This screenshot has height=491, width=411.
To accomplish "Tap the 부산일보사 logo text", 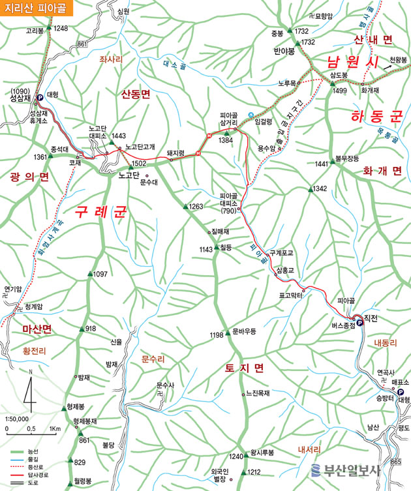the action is tap(353, 471).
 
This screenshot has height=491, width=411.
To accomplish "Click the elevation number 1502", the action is tap(138, 164).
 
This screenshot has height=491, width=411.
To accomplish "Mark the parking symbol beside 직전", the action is tap(360, 321).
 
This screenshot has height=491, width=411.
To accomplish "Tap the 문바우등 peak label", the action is tap(243, 331).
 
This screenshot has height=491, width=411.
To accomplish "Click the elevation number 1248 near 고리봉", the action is tap(61, 28).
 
